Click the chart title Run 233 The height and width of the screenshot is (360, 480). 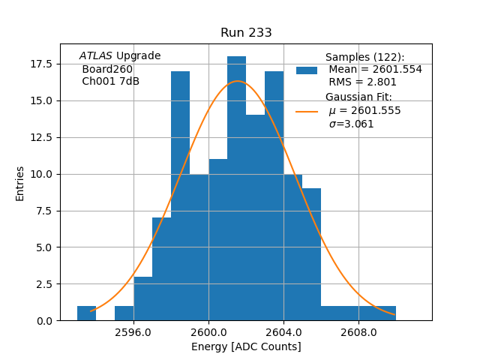(x=246, y=33)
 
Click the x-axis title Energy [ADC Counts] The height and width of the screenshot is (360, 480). (x=246, y=346)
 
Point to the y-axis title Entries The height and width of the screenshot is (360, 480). (x=20, y=183)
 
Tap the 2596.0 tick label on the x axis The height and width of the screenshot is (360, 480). (x=133, y=332)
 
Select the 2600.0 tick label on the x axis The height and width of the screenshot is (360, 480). (x=208, y=332)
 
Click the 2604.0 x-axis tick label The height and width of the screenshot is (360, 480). (x=283, y=332)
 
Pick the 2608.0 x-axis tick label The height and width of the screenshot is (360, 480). (x=358, y=332)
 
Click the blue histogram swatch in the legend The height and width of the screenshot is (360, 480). (x=306, y=70)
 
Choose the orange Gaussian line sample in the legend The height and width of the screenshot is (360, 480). (x=306, y=111)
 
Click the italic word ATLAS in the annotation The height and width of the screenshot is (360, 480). (x=96, y=55)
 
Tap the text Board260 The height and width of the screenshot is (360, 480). (x=107, y=69)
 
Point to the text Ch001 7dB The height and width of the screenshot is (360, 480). (x=110, y=82)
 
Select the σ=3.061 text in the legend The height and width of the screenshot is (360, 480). (x=351, y=124)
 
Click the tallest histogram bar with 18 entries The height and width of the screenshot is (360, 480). (x=236, y=187)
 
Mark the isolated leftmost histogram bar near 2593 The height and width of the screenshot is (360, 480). (x=86, y=313)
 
